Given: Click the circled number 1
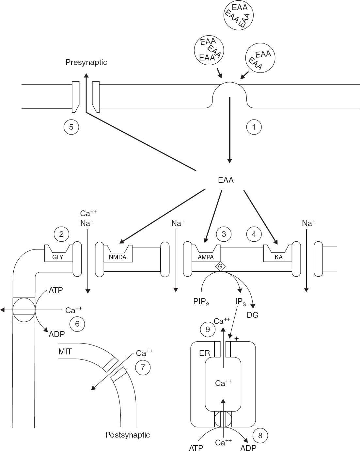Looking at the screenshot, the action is pyautogui.click(x=254, y=127).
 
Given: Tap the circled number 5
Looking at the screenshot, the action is pyautogui.click(x=71, y=127).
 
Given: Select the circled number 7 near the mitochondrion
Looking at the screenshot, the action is pyautogui.click(x=143, y=367).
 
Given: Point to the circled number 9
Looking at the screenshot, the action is pyautogui.click(x=208, y=329).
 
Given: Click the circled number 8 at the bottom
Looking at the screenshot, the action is pyautogui.click(x=260, y=436).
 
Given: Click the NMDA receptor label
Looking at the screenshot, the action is pyautogui.click(x=117, y=257).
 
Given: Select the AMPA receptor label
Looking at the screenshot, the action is pyautogui.click(x=206, y=257).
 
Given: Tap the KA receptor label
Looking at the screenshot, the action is pyautogui.click(x=278, y=257).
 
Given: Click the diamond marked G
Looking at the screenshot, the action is pyautogui.click(x=220, y=266).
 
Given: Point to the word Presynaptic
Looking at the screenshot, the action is pyautogui.click(x=86, y=62).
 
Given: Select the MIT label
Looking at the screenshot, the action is pyautogui.click(x=65, y=351).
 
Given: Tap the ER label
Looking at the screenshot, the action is pyautogui.click(x=204, y=353).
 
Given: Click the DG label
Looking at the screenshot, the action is pyautogui.click(x=253, y=315).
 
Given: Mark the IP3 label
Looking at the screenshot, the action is pyautogui.click(x=241, y=302).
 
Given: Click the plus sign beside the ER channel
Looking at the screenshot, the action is pyautogui.click(x=236, y=338).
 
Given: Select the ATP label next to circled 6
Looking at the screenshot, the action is pyautogui.click(x=56, y=290).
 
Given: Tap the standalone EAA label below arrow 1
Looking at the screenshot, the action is pyautogui.click(x=226, y=180).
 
